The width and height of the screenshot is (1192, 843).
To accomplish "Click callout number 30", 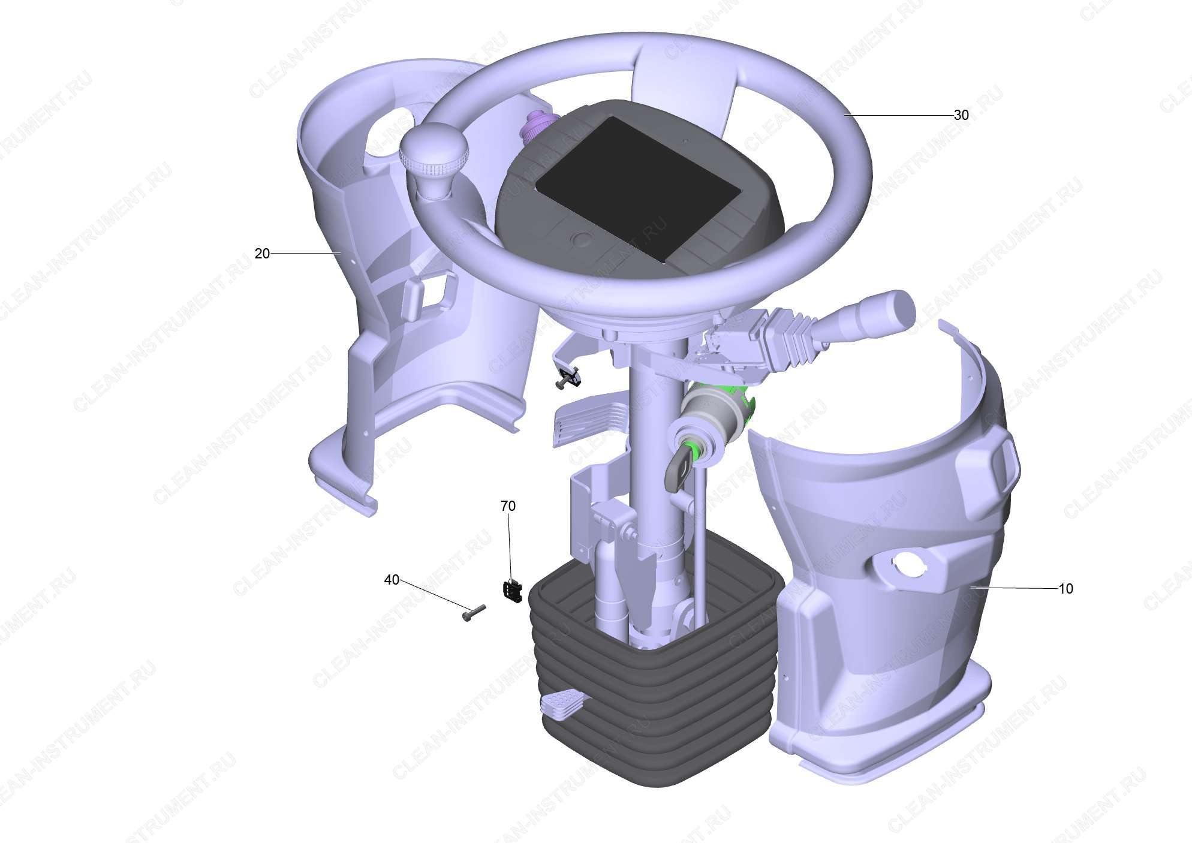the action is click(x=961, y=115).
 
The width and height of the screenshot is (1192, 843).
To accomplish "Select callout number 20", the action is click(x=262, y=254).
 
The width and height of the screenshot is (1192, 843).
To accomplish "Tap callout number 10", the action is click(x=1065, y=589).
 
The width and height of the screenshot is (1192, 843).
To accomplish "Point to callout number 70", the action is click(x=508, y=506).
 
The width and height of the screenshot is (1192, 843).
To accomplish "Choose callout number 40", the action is click(x=392, y=580).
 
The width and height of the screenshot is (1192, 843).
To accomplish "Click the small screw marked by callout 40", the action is click(x=474, y=613).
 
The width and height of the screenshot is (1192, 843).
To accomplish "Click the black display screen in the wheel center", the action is click(x=639, y=188).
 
